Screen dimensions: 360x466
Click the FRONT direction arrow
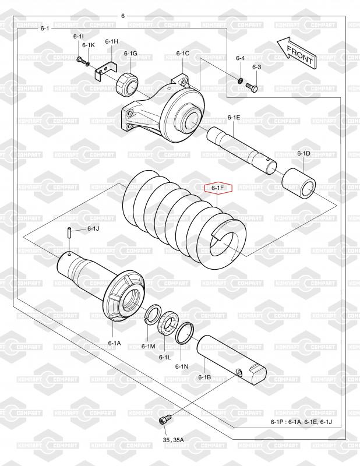tap(297, 53)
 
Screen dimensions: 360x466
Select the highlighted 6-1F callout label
tap(218, 188)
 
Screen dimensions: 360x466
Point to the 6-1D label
tap(303, 153)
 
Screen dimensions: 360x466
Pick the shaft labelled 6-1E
tap(242, 150)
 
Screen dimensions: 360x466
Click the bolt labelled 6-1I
tap(81, 61)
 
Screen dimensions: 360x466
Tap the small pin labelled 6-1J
tap(68, 232)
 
